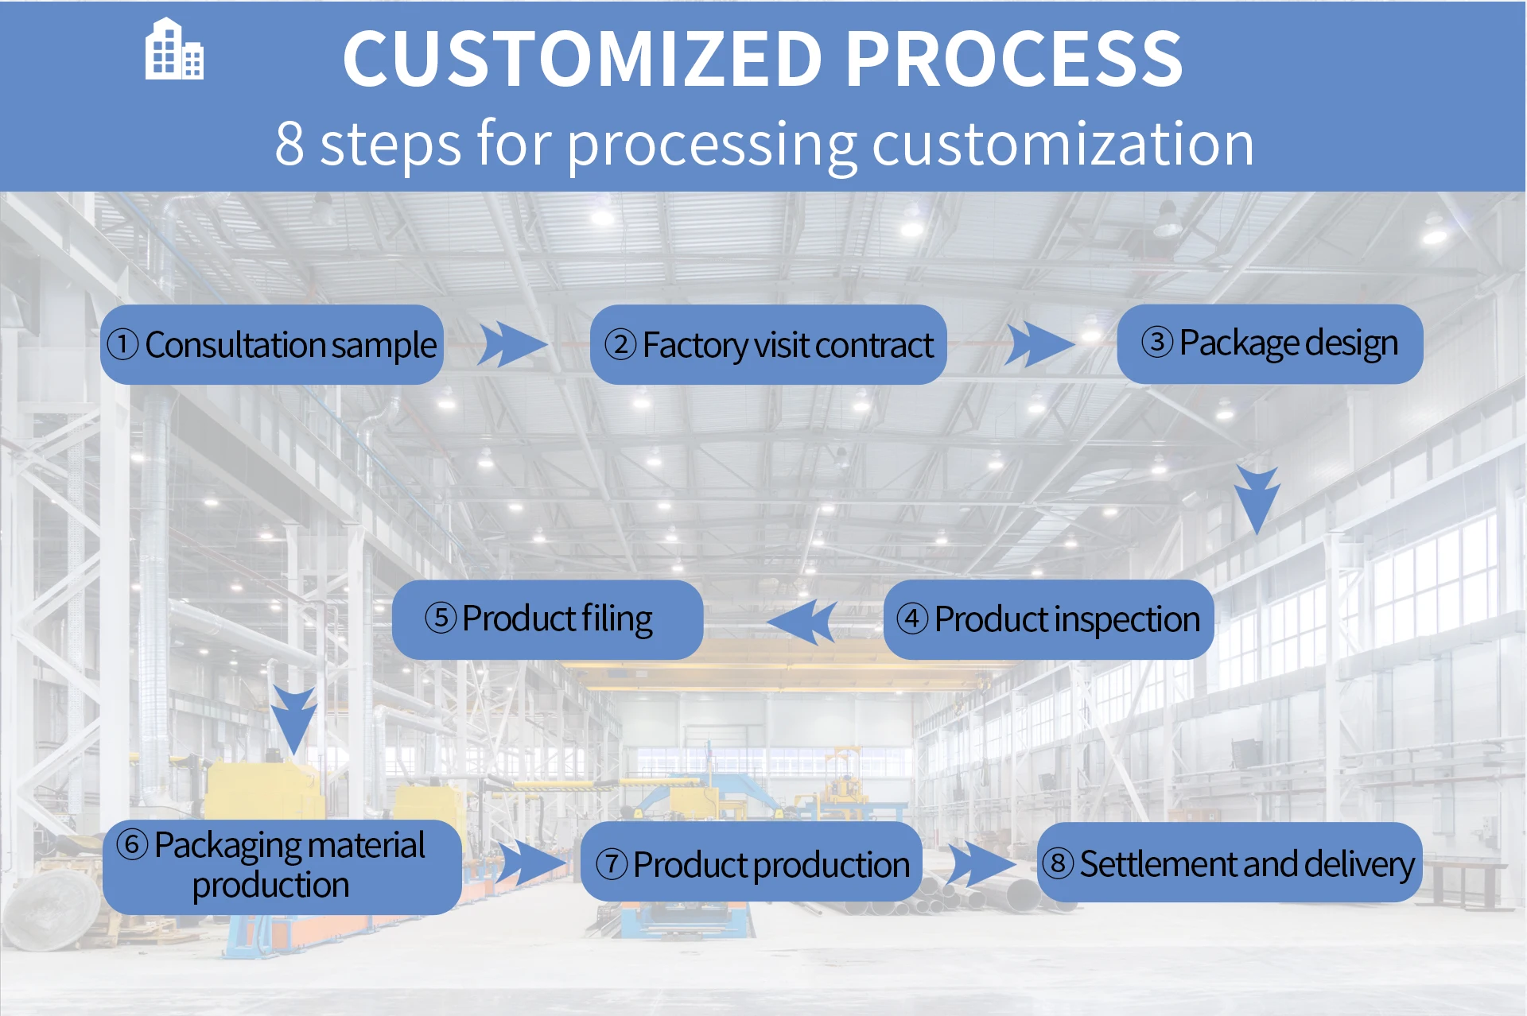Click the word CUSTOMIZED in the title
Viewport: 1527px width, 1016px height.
(x=582, y=59)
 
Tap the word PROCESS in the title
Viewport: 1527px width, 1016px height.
(x=1014, y=59)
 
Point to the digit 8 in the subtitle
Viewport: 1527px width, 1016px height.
(x=289, y=144)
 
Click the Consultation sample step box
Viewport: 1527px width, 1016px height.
(x=272, y=344)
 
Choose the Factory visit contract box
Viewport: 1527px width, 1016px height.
(x=768, y=344)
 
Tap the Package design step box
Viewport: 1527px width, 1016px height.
(x=1270, y=343)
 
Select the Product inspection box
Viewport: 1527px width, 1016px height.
(x=1048, y=619)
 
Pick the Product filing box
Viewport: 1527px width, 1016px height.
(x=547, y=619)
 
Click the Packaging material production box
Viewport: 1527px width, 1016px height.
(x=282, y=867)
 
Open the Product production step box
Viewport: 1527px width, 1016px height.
(x=752, y=862)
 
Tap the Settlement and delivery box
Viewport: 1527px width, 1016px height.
(x=1230, y=862)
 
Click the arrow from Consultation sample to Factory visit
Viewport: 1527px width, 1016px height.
(x=512, y=344)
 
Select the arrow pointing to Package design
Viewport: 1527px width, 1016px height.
(x=1039, y=344)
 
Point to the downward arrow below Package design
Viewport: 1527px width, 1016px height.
(x=1257, y=499)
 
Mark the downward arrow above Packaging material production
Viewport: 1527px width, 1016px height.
(x=293, y=720)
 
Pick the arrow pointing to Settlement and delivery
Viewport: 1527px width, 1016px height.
(x=982, y=864)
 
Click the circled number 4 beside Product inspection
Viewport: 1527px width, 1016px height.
(x=912, y=619)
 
